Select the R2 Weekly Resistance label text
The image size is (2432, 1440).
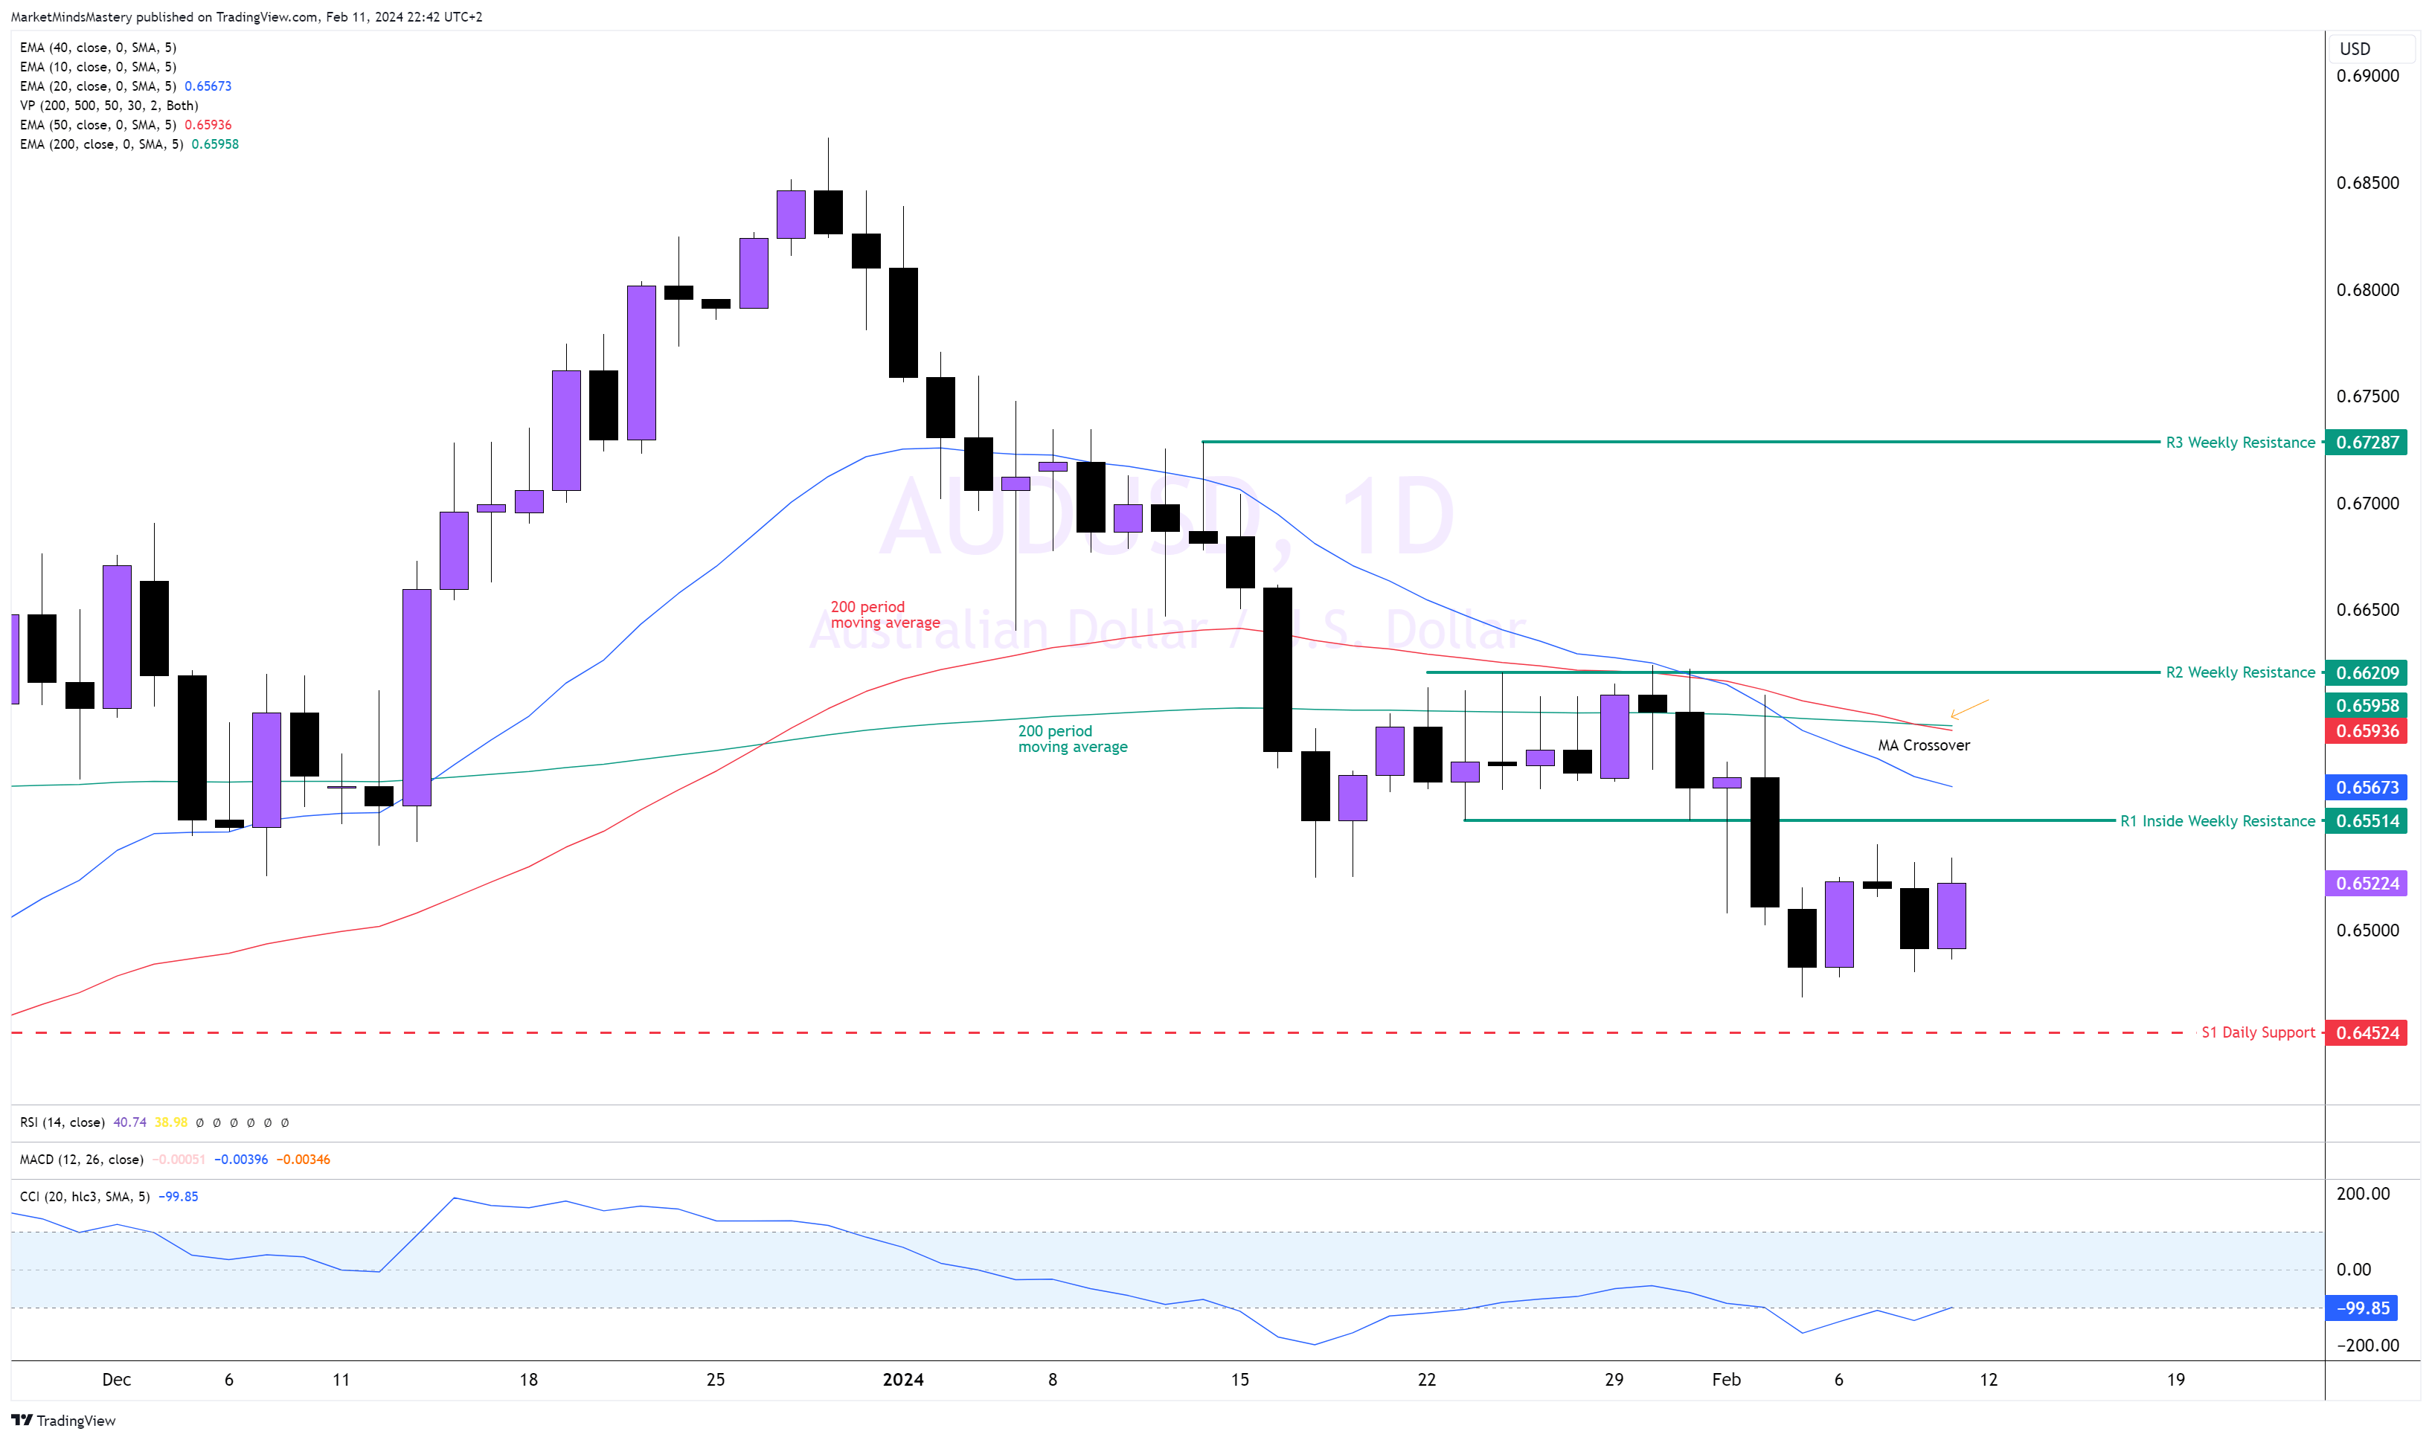click(2240, 672)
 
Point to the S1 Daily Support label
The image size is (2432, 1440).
click(2257, 1032)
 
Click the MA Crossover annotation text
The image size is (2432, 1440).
click(1922, 745)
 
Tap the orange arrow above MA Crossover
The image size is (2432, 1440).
click(1969, 710)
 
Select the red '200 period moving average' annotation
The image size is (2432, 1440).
click(884, 614)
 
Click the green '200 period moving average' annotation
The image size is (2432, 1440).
click(1071, 739)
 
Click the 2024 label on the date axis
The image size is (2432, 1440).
click(902, 1379)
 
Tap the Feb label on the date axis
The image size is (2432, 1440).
click(1725, 1379)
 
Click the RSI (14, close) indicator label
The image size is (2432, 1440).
click(62, 1122)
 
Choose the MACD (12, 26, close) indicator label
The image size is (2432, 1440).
click(82, 1160)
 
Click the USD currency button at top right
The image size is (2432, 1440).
click(2355, 48)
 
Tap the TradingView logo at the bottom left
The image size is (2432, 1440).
click(63, 1421)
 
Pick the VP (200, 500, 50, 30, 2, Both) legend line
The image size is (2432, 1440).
click(109, 105)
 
